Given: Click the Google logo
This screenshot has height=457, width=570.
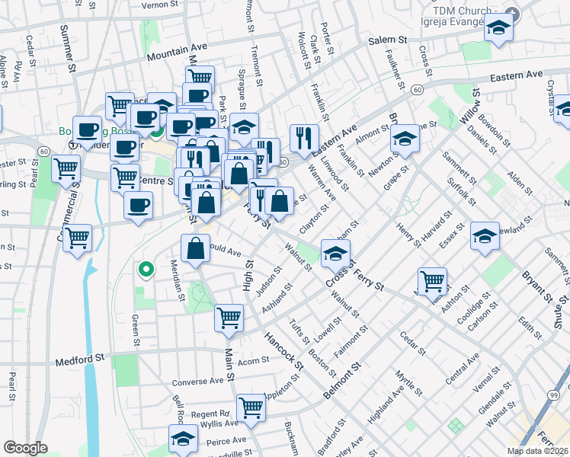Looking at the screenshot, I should (25, 448).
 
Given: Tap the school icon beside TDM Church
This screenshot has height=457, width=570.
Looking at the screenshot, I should (498, 29).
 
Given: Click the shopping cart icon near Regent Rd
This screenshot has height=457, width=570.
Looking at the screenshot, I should (251, 408).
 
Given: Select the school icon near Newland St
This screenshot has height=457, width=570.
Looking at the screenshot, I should (485, 237).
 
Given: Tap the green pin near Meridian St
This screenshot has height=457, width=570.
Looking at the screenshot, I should (144, 268).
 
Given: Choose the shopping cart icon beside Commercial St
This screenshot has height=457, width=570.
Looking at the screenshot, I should (77, 239).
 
